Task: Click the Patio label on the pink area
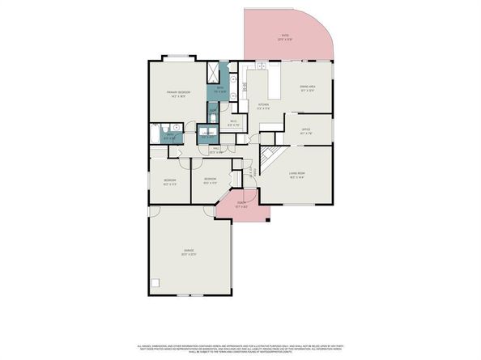pos(286,36)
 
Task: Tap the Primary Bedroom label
pos(178,94)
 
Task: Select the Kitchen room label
pos(263,106)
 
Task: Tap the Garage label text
pos(188,253)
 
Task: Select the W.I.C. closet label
pos(233,124)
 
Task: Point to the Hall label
pos(216,150)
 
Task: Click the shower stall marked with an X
pos(214,70)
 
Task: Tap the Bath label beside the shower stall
pos(219,91)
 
